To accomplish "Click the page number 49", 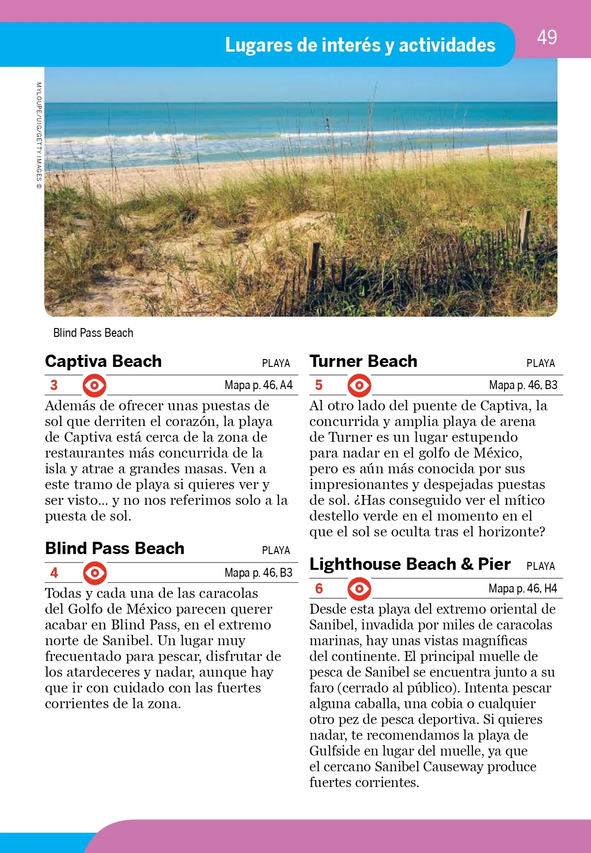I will pyautogui.click(x=547, y=37).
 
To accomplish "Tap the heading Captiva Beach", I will pyautogui.click(x=103, y=361).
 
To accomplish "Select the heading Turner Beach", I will pyautogui.click(x=363, y=361).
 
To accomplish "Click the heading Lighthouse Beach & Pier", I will pyautogui.click(x=410, y=564).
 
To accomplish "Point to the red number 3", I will pyautogui.click(x=54, y=385).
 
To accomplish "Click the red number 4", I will pyautogui.click(x=54, y=573).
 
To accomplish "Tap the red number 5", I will pyautogui.click(x=319, y=385).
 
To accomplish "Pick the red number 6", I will pyautogui.click(x=319, y=589).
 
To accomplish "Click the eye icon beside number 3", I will pyautogui.click(x=94, y=385).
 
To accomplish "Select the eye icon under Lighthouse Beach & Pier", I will pyautogui.click(x=360, y=589).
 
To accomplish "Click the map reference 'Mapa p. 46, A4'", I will pyautogui.click(x=259, y=385).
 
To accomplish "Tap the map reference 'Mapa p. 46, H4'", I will pyautogui.click(x=523, y=589).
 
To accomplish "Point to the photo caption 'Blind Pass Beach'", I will pyautogui.click(x=93, y=333).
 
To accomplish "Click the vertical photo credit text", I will pyautogui.click(x=39, y=136).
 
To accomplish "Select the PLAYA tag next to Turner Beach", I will pyautogui.click(x=540, y=363).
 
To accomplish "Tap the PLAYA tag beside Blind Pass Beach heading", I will pyautogui.click(x=276, y=551).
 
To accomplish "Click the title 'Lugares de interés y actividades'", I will pyautogui.click(x=360, y=45).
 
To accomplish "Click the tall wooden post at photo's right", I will pyautogui.click(x=525, y=230).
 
